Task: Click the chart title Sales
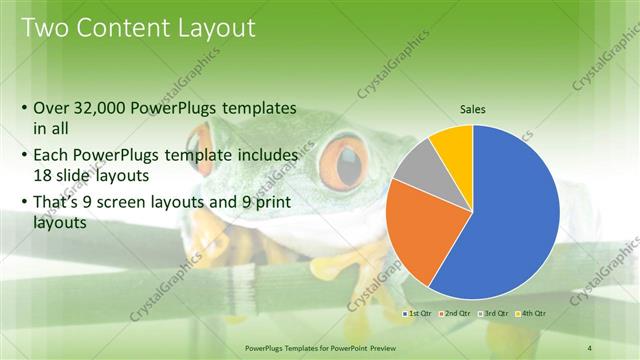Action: coord(473,111)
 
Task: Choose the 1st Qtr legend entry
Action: coord(419,314)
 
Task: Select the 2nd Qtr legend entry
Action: coord(456,314)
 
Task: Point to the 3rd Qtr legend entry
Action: coord(494,314)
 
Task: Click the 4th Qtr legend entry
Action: coord(531,314)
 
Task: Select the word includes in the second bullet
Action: coord(264,156)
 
